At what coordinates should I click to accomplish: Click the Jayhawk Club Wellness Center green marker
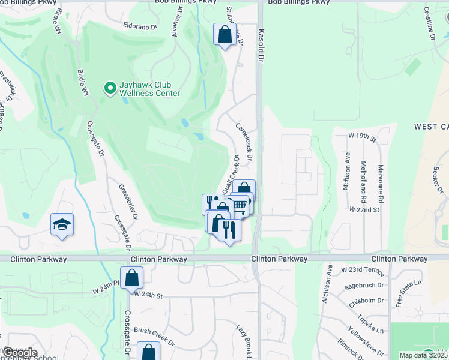pyautogui.click(x=110, y=89)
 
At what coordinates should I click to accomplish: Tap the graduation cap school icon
pyautogui.click(x=62, y=224)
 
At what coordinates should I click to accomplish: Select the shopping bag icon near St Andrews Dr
pyautogui.click(x=224, y=34)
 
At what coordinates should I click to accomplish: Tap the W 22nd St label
pyautogui.click(x=364, y=209)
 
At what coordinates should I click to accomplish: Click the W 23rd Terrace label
pyautogui.click(x=361, y=270)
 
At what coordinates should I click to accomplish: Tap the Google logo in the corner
pyautogui.click(x=19, y=353)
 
